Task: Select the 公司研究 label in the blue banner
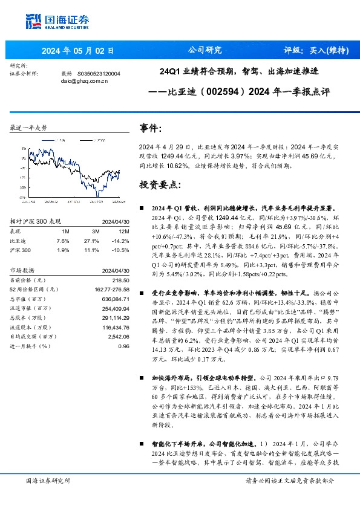pyautogui.click(x=205, y=50)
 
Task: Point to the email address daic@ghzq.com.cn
pyautogui.click(x=84, y=80)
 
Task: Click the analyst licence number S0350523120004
pyautogui.click(x=99, y=73)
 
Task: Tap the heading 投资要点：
pyautogui.click(x=160, y=184)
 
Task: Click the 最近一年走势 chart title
pyautogui.click(x=28, y=128)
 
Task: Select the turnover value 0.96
pyautogui.click(x=124, y=346)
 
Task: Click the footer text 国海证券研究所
pyautogui.click(x=48, y=480)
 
